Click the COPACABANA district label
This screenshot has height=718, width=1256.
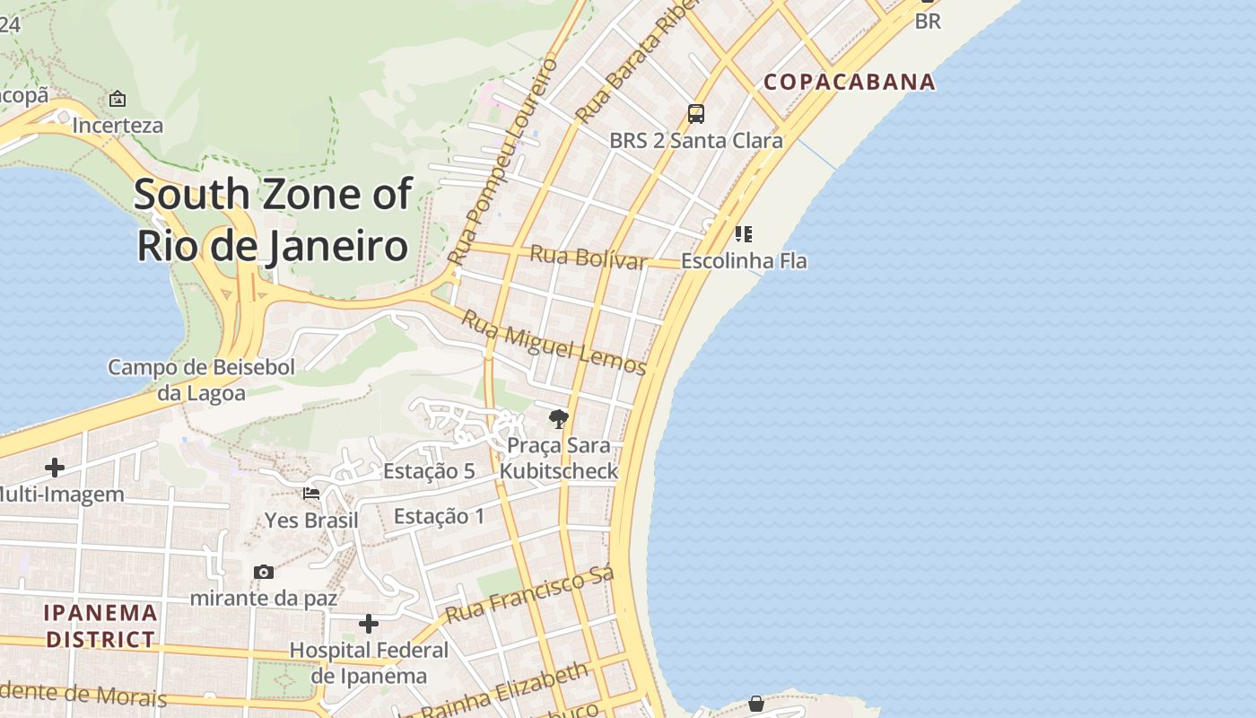(x=850, y=82)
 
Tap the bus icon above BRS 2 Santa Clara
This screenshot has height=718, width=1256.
(x=696, y=114)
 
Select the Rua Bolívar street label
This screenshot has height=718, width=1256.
(x=588, y=257)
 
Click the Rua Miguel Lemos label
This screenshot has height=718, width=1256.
(x=554, y=343)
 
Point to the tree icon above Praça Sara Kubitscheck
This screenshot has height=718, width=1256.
(x=559, y=418)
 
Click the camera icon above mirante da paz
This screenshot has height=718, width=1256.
(x=264, y=572)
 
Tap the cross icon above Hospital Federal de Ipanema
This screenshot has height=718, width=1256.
(x=369, y=623)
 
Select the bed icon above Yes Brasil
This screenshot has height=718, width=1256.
(x=311, y=494)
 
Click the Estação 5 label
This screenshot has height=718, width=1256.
(x=429, y=471)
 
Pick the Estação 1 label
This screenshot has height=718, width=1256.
(x=439, y=516)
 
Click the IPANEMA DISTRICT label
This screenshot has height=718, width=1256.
(x=101, y=626)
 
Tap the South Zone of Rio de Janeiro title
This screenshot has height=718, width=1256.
(x=273, y=220)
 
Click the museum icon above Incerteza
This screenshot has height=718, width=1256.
(x=118, y=99)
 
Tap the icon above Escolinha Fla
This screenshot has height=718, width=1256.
(x=743, y=234)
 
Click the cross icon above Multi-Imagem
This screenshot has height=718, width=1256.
(x=55, y=468)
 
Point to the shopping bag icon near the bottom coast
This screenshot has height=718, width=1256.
(x=756, y=704)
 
